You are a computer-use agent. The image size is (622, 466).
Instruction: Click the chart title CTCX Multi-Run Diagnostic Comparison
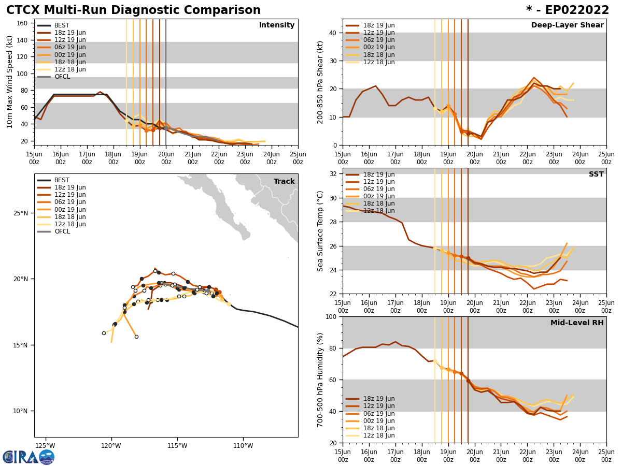point(133,10)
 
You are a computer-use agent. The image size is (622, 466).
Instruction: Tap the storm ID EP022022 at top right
point(568,10)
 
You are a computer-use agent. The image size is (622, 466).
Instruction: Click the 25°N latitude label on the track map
point(21,213)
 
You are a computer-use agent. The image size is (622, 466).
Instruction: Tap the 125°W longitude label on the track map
point(45,445)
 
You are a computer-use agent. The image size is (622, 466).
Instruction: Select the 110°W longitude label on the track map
point(243,445)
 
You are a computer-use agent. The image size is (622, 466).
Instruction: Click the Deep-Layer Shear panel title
point(567,25)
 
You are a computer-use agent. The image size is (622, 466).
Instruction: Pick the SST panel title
point(596,174)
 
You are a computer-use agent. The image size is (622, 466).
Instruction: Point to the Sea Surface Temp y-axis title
point(320,231)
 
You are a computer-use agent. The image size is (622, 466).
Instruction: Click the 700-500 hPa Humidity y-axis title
point(320,380)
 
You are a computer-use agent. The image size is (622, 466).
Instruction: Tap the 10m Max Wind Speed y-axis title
point(10,82)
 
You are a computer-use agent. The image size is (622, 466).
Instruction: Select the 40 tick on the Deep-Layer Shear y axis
point(333,33)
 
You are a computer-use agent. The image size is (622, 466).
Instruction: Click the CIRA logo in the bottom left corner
point(29,457)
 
